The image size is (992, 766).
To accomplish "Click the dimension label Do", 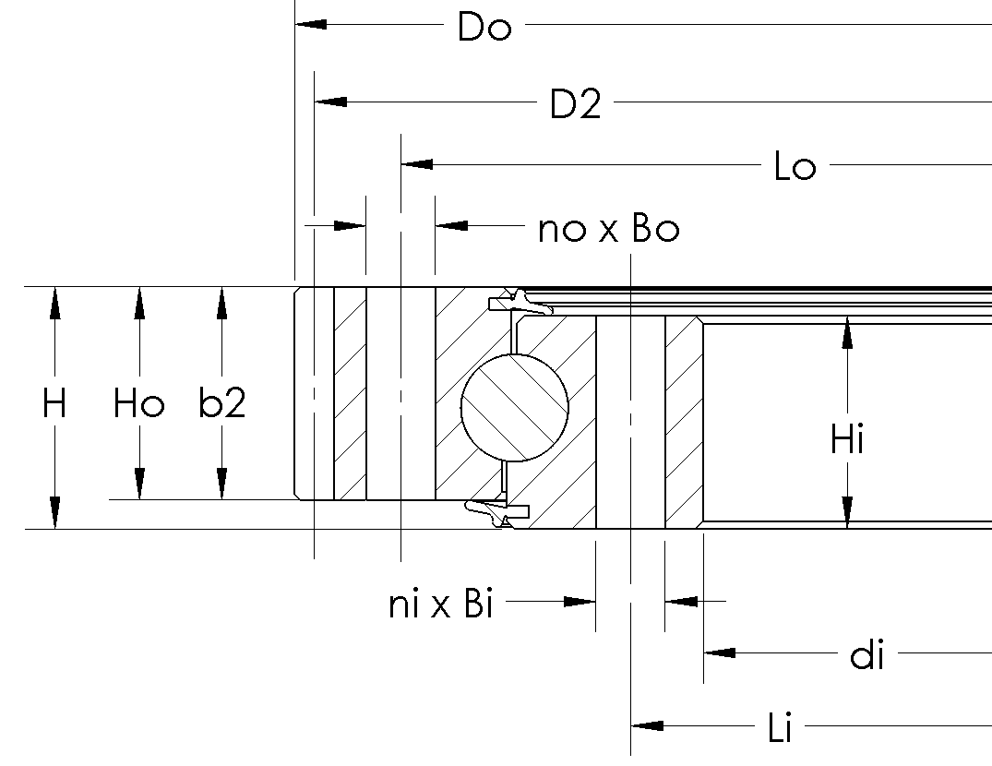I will tap(484, 28).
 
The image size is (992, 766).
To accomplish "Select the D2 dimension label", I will tap(575, 105).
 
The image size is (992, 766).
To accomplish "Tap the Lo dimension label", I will tap(795, 168).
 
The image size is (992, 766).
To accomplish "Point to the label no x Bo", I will tap(608, 229).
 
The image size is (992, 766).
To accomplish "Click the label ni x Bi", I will tap(440, 605).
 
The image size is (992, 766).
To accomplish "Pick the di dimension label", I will tap(867, 656).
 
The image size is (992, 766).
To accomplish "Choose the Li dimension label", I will tap(780, 728).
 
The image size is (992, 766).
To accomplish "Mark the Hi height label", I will tap(846, 440).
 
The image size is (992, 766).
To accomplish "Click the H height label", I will tap(54, 403).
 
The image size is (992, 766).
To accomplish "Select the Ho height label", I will tap(138, 403).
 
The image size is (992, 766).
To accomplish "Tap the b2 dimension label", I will tap(221, 403).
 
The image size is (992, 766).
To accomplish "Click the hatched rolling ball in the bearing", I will tap(515, 406).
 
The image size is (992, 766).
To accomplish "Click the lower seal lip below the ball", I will tap(494, 510).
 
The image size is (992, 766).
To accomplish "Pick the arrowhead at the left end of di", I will tap(720, 652).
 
